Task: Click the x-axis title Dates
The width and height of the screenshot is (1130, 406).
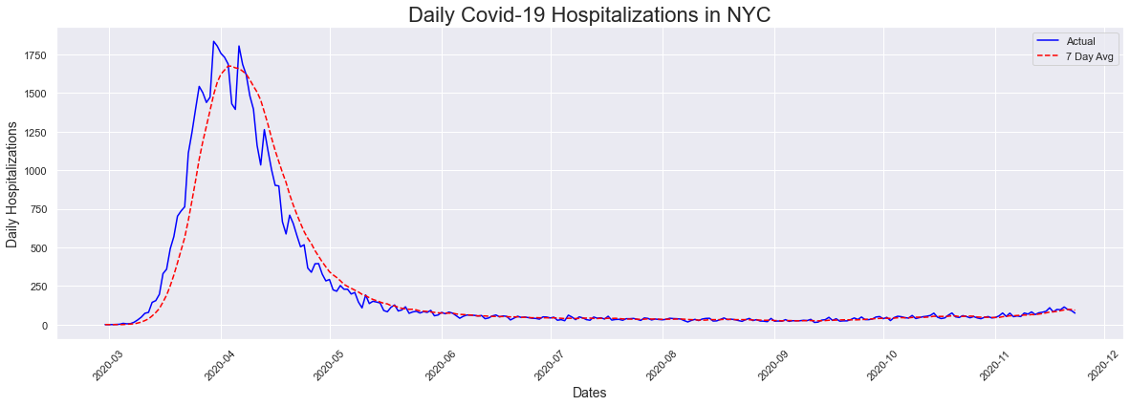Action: point(589,393)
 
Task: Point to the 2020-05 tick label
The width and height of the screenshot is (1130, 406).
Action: point(323,364)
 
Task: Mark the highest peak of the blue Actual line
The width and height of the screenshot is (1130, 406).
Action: point(213,41)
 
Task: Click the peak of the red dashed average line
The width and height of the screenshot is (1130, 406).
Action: point(229,66)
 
